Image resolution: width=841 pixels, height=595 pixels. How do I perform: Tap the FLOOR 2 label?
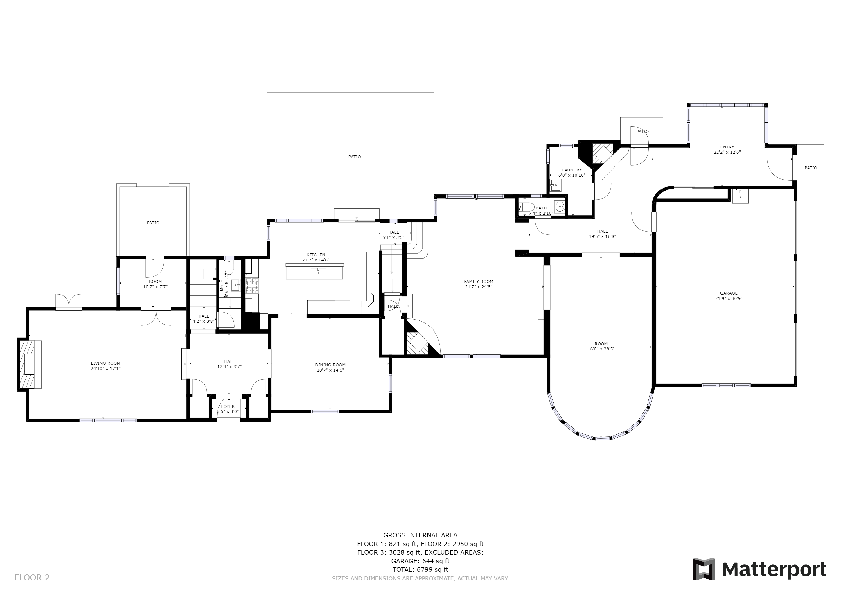click(32, 578)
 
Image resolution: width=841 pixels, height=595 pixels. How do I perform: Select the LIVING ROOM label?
click(105, 363)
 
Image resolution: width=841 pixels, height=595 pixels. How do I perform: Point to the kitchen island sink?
click(318, 273)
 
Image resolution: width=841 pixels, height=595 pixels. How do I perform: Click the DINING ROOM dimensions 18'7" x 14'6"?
click(330, 370)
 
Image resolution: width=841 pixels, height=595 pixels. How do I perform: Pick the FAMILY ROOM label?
click(478, 282)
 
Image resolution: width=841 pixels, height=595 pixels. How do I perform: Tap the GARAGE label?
click(729, 293)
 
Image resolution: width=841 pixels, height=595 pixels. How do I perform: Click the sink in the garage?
click(740, 196)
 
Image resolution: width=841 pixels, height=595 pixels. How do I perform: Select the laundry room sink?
click(556, 185)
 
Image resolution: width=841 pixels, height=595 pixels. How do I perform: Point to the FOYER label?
click(228, 406)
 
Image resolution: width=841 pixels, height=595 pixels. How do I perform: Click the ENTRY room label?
click(727, 147)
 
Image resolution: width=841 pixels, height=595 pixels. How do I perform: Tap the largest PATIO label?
click(354, 157)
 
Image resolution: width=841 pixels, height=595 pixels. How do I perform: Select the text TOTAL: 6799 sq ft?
click(420, 569)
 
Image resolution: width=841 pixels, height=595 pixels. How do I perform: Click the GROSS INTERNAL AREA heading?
click(420, 535)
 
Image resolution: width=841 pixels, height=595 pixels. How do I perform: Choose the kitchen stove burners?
click(252, 286)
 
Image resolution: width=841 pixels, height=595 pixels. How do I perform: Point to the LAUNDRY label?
click(572, 170)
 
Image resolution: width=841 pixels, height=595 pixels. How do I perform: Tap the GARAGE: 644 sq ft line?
click(420, 561)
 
